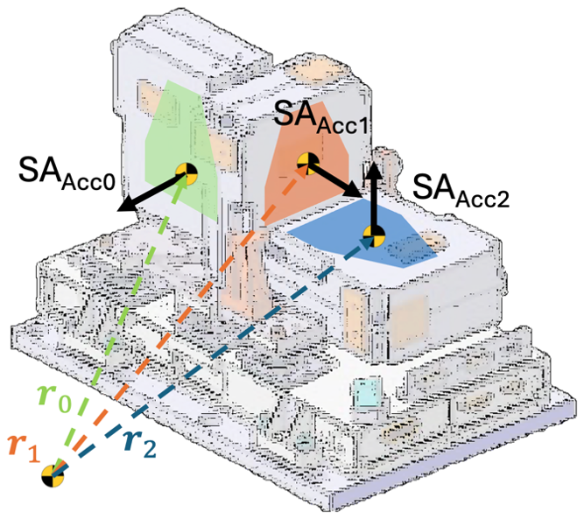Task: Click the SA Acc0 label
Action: [x=67, y=174]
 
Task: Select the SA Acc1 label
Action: [x=320, y=116]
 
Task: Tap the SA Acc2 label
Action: [x=461, y=190]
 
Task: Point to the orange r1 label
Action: [x=24, y=448]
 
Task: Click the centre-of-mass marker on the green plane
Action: [x=186, y=174]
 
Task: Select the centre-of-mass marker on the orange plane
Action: [x=308, y=163]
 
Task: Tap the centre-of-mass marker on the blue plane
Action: [x=374, y=236]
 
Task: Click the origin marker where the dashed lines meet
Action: [x=53, y=476]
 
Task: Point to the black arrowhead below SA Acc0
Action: [x=127, y=205]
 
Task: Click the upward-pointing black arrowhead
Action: [x=375, y=171]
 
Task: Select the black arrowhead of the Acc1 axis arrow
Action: [x=354, y=191]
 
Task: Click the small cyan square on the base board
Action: [x=368, y=393]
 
